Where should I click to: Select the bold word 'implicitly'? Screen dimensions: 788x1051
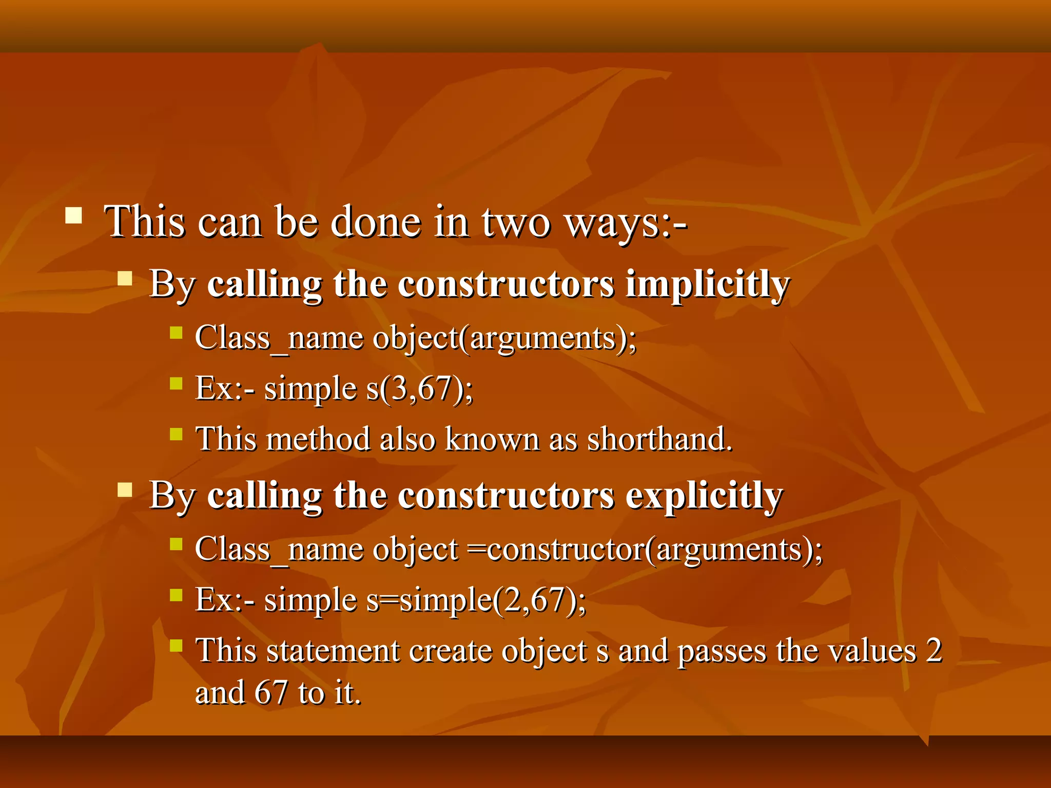click(x=707, y=285)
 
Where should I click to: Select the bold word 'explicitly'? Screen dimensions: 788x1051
click(x=704, y=497)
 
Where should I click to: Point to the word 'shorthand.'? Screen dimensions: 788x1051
click(x=659, y=439)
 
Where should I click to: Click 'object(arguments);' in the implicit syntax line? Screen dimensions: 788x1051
click(x=504, y=339)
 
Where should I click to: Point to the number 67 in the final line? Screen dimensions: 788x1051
click(x=271, y=693)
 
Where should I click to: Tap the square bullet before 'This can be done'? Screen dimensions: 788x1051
click(x=74, y=215)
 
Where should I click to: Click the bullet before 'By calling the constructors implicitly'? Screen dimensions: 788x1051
click(x=125, y=279)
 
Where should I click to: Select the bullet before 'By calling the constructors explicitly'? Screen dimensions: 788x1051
click(x=125, y=490)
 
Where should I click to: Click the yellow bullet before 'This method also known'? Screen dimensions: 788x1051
click(x=176, y=434)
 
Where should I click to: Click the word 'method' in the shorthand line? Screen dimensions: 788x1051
click(x=318, y=439)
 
